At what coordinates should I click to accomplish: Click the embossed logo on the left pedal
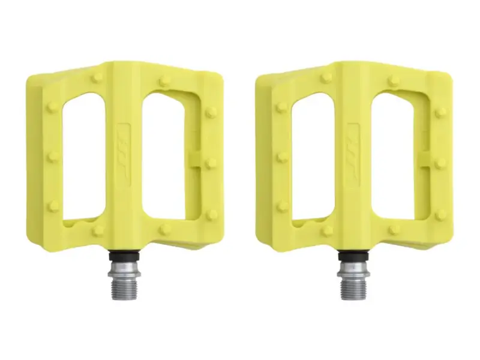coord(125,153)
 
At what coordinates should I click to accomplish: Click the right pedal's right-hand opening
coord(398,153)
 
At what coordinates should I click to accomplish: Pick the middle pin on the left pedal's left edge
coord(53,157)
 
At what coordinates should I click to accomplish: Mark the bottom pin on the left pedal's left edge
coord(53,205)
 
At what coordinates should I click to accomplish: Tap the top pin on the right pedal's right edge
coord(441,112)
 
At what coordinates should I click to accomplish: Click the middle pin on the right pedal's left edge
coord(281,157)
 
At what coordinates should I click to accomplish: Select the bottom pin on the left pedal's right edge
coord(212,214)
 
